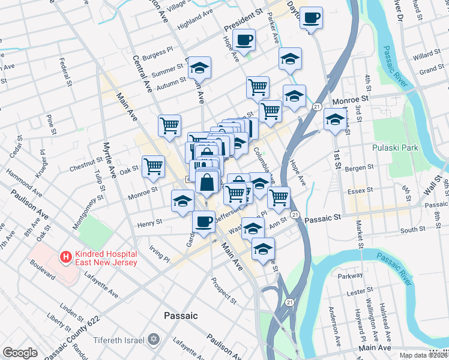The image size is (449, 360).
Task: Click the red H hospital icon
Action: pos(65,257)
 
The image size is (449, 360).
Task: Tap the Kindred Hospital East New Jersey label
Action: pos(105,258)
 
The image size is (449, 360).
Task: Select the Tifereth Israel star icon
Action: pos(152,340)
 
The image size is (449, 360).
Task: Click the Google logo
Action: pos(20,353)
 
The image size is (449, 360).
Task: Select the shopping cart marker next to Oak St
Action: pos(154,166)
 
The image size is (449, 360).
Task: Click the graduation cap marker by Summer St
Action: pos(200,68)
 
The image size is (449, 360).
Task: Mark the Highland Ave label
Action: pos(195,23)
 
